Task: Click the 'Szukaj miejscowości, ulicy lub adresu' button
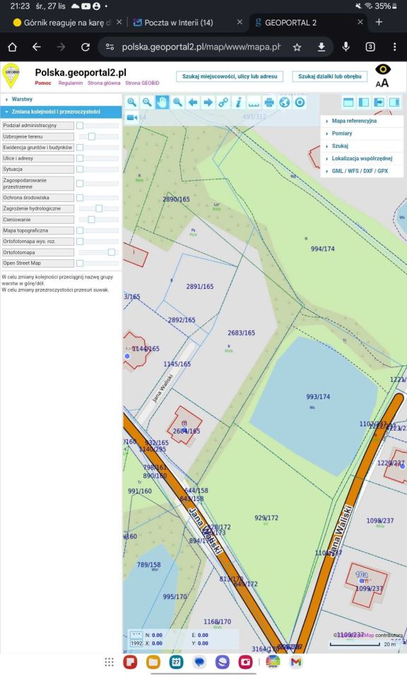click(229, 76)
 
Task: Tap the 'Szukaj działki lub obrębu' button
click(329, 76)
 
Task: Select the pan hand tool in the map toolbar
click(163, 102)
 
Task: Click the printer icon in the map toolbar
click(269, 102)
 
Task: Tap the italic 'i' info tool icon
click(239, 102)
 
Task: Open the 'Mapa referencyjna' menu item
click(354, 121)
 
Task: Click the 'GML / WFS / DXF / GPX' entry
click(360, 171)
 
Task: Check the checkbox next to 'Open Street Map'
click(80, 263)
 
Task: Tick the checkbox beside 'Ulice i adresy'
click(80, 158)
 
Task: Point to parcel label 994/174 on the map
click(322, 249)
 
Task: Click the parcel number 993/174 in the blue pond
click(318, 397)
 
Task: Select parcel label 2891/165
click(199, 287)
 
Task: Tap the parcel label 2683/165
click(241, 333)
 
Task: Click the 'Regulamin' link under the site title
click(70, 83)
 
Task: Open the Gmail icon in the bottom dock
click(296, 662)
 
